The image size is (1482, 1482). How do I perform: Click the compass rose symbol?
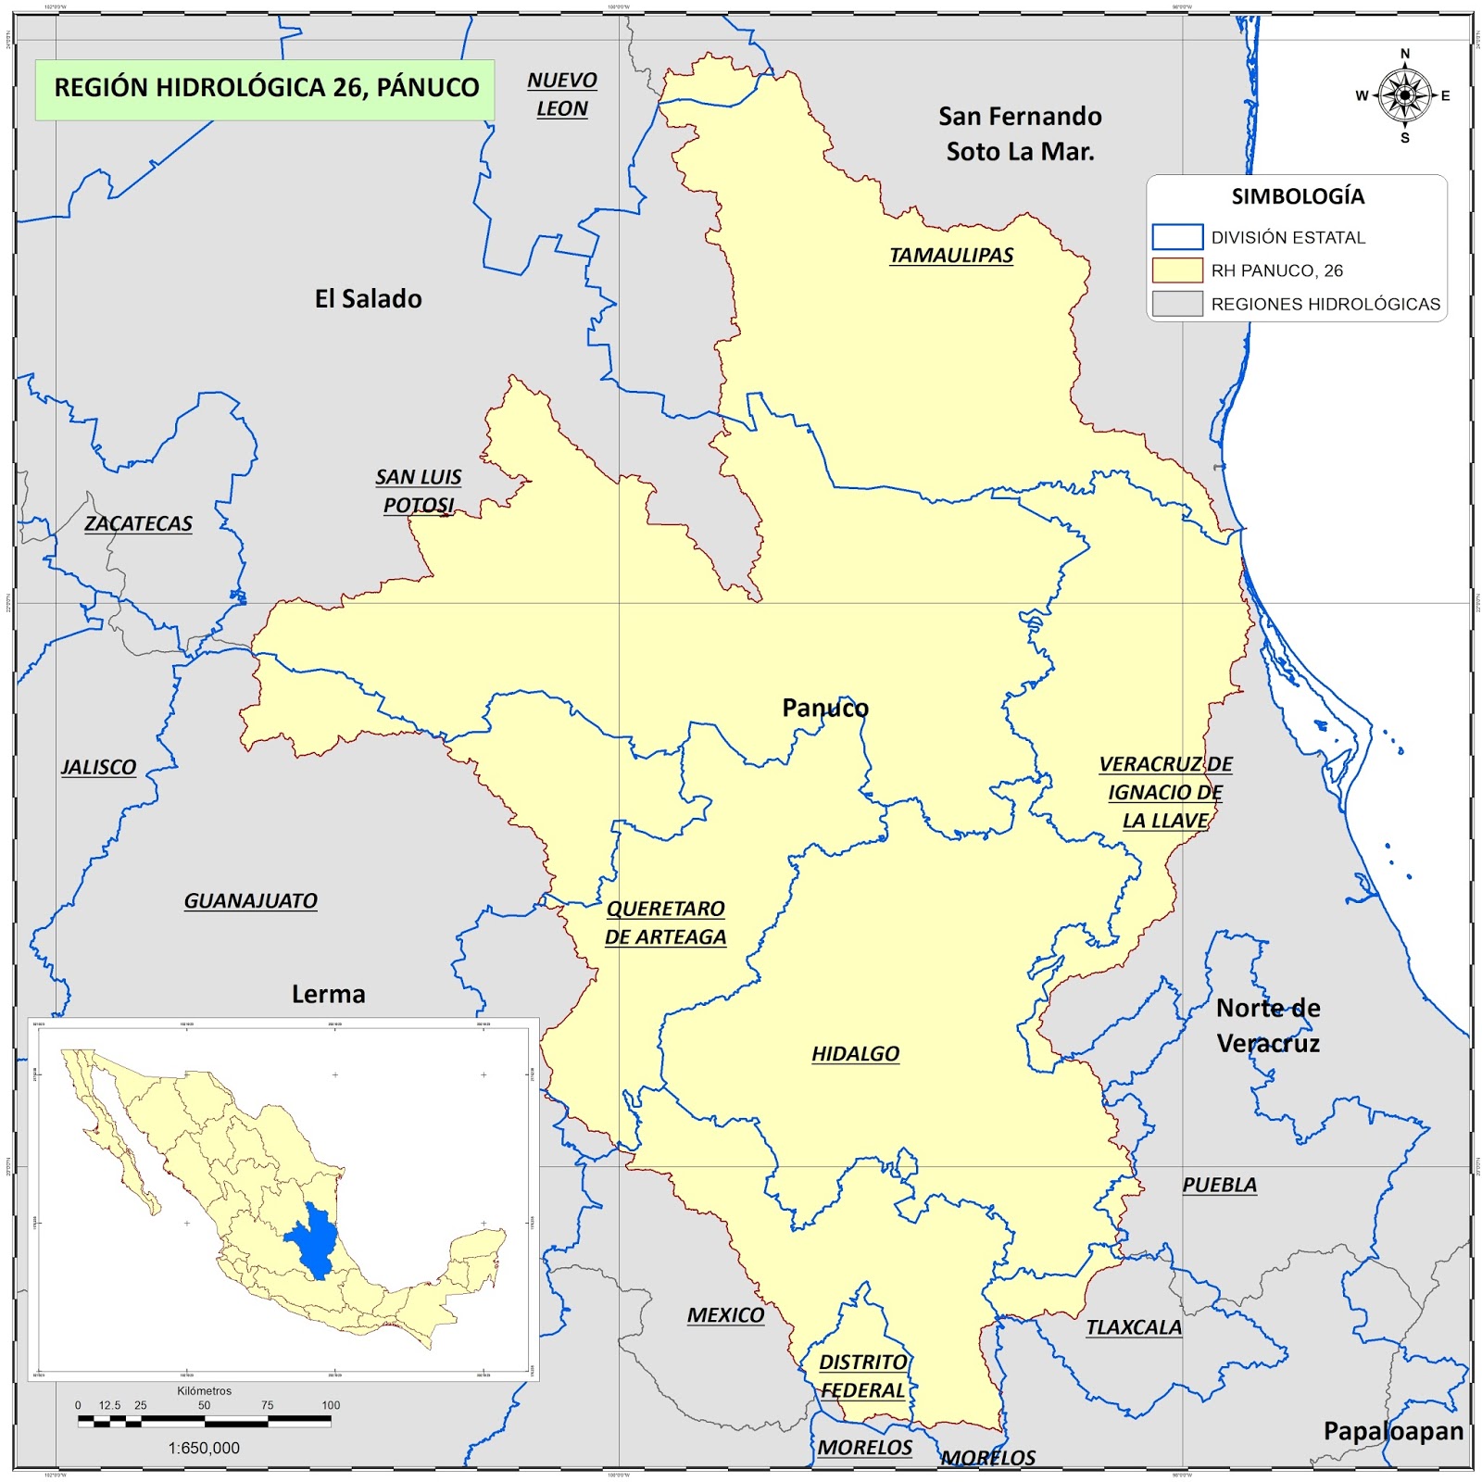click(x=1404, y=95)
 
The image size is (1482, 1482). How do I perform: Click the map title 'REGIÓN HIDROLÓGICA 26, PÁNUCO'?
click(x=266, y=89)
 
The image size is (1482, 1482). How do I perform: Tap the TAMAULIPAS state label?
click(x=951, y=256)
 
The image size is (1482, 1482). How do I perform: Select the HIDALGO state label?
click(x=855, y=1054)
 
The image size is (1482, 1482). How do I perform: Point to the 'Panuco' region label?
click(x=825, y=709)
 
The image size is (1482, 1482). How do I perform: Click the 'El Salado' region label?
click(x=368, y=299)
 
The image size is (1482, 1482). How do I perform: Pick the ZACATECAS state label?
click(x=138, y=524)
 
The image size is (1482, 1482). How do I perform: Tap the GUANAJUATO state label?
click(x=250, y=901)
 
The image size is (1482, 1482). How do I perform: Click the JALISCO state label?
click(x=98, y=768)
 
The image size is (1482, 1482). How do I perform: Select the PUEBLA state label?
click(x=1219, y=1186)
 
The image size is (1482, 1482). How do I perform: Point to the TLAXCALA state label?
click(x=1134, y=1328)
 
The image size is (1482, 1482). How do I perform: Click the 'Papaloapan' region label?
click(x=1393, y=1432)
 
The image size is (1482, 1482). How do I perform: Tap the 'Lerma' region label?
click(x=328, y=995)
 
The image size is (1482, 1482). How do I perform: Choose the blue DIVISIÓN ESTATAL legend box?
click(x=1177, y=237)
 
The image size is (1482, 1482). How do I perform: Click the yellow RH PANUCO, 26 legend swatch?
click(x=1177, y=270)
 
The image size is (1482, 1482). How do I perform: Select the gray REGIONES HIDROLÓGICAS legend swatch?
click(x=1177, y=304)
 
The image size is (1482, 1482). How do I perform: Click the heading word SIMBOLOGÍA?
click(x=1298, y=196)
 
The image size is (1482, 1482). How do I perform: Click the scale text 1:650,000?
click(x=204, y=1448)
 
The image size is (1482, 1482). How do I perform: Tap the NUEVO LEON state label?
click(x=562, y=94)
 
